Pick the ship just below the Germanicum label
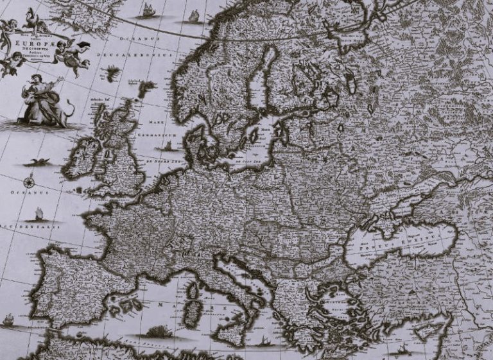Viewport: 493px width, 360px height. (x=168, y=146)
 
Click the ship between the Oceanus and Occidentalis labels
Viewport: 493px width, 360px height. (x=39, y=212)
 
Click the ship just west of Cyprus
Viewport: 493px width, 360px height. (x=404, y=349)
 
